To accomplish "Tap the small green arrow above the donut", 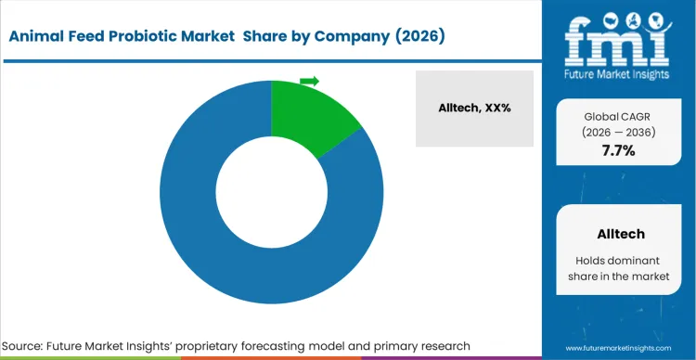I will click(309, 82).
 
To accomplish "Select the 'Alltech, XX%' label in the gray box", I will click(474, 108).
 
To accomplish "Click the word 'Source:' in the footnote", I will click(32, 345).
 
